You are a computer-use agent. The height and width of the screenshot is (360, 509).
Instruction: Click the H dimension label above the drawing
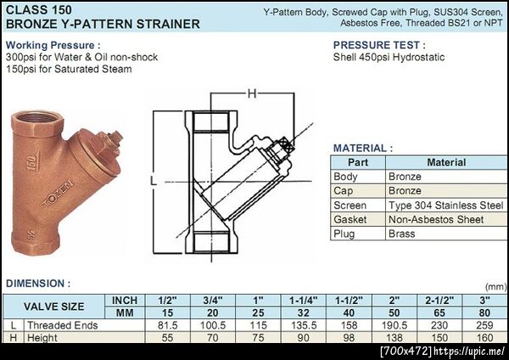[x=252, y=94]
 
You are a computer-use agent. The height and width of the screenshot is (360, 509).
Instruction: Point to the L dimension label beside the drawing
[x=154, y=180]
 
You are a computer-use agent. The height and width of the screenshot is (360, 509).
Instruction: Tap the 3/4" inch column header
[x=213, y=301]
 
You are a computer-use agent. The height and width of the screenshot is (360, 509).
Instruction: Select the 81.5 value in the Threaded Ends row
[x=167, y=325]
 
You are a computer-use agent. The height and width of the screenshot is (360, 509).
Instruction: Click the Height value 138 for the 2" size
[x=394, y=338]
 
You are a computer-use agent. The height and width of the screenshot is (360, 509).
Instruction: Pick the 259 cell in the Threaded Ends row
[x=484, y=325]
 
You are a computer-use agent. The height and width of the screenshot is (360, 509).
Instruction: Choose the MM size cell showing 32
[x=303, y=313]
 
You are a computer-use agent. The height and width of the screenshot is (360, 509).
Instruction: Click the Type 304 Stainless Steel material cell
[x=445, y=205]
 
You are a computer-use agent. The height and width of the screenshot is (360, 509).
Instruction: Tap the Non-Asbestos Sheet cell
[x=436, y=220]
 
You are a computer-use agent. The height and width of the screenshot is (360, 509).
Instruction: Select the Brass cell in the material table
[x=401, y=234]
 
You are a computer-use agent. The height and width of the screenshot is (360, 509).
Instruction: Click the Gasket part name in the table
[x=350, y=220]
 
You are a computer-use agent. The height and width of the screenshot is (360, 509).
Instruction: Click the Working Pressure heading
[x=53, y=45]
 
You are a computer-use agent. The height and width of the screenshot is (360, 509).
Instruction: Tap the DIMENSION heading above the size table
[x=38, y=284]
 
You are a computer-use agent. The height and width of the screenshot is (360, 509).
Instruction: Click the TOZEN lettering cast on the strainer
[x=58, y=194]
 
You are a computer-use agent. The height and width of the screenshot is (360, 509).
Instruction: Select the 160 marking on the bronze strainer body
[x=32, y=161]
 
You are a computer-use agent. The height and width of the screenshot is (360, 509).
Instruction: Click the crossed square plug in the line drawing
[x=288, y=146]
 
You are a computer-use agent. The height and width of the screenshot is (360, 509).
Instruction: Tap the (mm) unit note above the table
[x=496, y=287]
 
